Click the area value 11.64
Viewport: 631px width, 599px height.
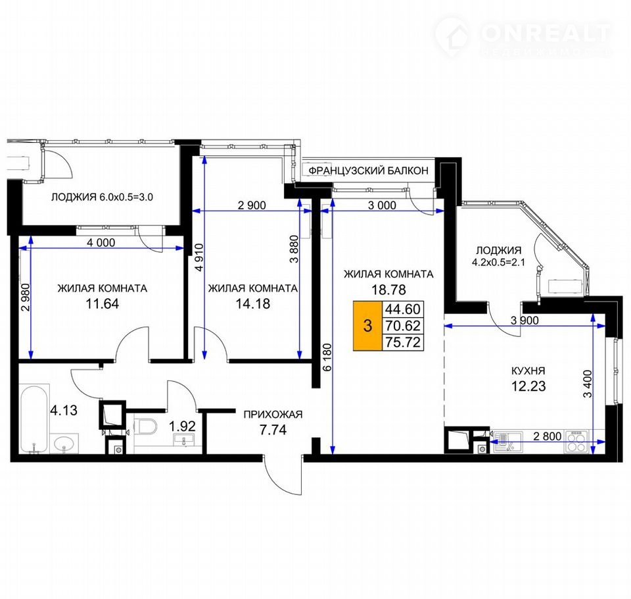103,303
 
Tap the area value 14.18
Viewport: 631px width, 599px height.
252,303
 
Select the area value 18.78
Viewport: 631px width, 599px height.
388,290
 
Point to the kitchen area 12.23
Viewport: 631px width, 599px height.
528,386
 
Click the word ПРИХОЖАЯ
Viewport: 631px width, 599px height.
273,415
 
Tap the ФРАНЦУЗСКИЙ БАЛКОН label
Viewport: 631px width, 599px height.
368,170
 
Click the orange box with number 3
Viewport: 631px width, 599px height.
367,325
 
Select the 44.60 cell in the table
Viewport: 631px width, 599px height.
403,309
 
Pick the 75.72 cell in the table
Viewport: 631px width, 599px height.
403,342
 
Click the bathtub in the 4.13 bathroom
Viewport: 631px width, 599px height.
34,419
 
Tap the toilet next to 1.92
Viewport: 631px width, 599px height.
145,427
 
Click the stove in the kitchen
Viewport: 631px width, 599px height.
576,442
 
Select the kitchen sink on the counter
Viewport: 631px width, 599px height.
507,442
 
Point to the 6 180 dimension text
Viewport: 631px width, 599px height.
327,357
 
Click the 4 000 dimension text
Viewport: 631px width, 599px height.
101,243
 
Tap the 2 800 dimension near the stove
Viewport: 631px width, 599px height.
548,436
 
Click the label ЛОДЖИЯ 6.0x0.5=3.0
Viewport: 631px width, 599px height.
102,197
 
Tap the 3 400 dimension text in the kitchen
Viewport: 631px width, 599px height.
588,384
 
